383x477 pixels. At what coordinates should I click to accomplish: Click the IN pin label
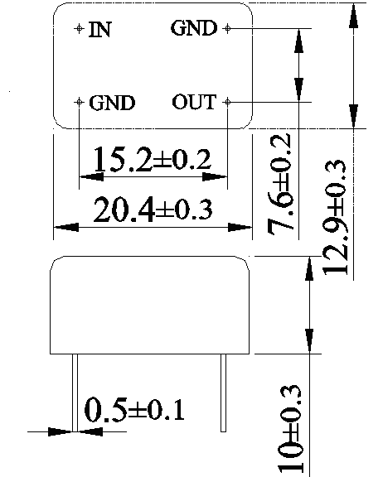99,30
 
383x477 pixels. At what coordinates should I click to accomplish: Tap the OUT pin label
194,102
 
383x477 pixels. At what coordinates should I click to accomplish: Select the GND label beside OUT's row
112,103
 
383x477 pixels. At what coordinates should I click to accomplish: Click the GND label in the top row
194,28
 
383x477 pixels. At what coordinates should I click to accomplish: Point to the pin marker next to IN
79,28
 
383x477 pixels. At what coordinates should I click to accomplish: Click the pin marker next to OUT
227,102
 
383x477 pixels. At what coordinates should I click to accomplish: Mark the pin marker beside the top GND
227,28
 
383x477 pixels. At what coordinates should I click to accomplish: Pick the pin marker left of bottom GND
79,102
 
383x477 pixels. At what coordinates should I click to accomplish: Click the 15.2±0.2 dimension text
152,159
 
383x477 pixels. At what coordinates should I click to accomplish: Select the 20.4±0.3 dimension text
153,210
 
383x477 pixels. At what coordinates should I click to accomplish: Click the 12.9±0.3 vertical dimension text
334,218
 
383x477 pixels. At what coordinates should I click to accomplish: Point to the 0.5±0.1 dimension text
134,409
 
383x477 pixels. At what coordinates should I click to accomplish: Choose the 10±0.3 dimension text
290,431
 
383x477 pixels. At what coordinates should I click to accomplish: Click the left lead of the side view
75,393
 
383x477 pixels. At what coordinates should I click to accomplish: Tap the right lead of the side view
224,393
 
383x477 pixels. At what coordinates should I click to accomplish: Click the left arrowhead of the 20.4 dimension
66,227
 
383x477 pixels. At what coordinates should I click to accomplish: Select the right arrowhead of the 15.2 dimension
215,176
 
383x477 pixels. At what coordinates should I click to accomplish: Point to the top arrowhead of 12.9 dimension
353,16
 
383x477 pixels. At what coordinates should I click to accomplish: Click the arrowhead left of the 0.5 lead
60,431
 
